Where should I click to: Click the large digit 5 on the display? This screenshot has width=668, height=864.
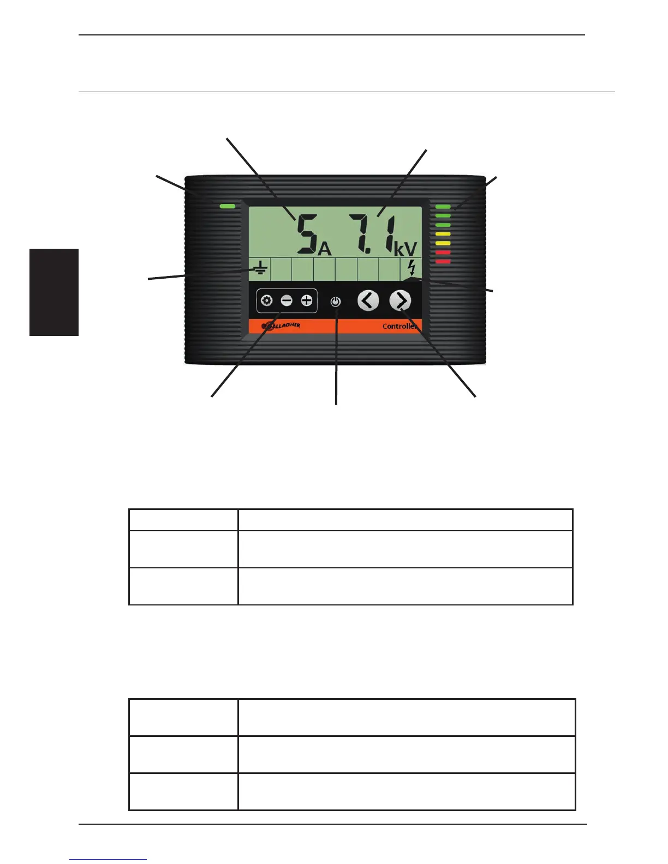(307, 235)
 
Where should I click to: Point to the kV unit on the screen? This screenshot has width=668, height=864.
(405, 249)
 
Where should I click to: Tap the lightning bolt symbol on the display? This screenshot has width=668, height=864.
(411, 268)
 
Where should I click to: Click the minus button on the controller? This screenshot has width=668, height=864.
(287, 301)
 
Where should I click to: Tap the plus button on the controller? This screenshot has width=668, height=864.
(307, 301)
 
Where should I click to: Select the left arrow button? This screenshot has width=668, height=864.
(368, 301)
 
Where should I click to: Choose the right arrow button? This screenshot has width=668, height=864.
(400, 301)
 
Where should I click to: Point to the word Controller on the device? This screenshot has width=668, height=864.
(400, 326)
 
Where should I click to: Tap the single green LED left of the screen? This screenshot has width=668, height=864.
(227, 206)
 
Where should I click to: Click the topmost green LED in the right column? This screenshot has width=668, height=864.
(443, 207)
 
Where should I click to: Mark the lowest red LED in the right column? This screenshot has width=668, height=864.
(443, 262)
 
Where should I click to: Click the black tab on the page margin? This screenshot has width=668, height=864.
(54, 292)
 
